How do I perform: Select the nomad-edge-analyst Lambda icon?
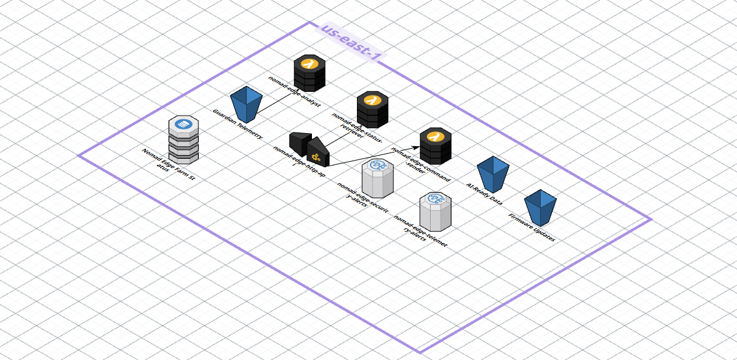pos(309,73)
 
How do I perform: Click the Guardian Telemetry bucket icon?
pos(246,104)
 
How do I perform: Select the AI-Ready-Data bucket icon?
pos(493,174)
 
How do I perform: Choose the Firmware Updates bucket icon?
pos(540,206)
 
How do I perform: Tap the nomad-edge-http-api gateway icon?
pos(309,147)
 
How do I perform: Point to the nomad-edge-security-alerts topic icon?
pos(378,178)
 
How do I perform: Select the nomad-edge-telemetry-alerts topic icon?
pos(435,211)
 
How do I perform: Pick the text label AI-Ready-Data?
pos(484,194)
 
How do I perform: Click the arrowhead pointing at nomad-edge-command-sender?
pos(416,145)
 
